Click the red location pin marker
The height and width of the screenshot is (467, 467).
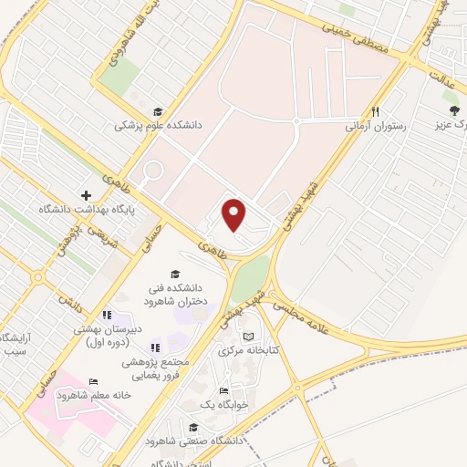235,214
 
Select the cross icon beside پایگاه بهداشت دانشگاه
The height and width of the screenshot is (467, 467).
86,195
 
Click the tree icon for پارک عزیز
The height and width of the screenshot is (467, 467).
453,110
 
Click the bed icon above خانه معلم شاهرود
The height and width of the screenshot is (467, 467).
92,382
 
